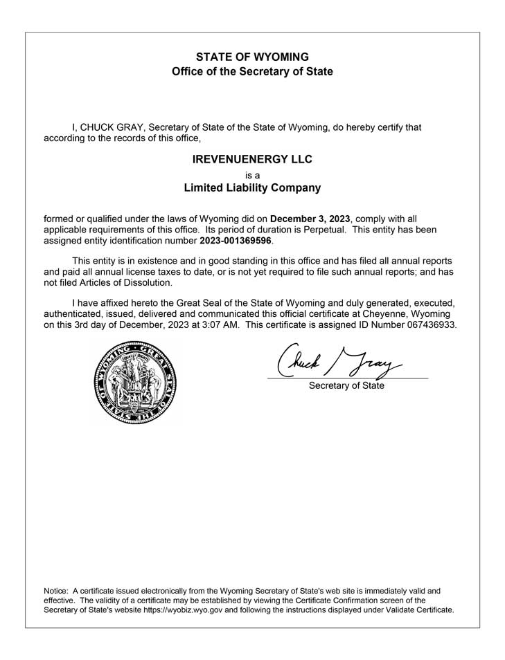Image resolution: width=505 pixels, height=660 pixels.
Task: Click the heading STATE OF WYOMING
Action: pyautogui.click(x=252, y=56)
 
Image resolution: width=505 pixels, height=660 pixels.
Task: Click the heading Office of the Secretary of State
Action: pyautogui.click(x=252, y=71)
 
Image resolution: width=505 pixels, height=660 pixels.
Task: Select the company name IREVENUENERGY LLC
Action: pyautogui.click(x=252, y=159)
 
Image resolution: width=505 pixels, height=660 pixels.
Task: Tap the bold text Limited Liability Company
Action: pyautogui.click(x=252, y=187)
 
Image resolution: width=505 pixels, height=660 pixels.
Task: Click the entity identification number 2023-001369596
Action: pyautogui.click(x=236, y=241)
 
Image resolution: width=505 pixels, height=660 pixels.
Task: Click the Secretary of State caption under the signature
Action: pyautogui.click(x=346, y=385)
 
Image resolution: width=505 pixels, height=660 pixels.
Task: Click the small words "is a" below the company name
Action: pyautogui.click(x=252, y=175)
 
